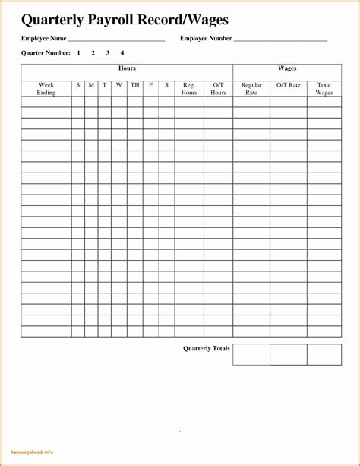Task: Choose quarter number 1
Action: click(x=78, y=53)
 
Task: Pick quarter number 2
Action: click(x=93, y=53)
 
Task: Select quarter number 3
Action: click(x=108, y=53)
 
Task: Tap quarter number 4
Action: click(x=122, y=53)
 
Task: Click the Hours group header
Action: click(x=127, y=69)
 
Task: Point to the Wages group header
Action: click(x=287, y=69)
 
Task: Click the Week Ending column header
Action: click(x=46, y=89)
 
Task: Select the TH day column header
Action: click(x=134, y=85)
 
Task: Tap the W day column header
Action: click(x=119, y=85)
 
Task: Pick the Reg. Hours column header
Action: click(x=189, y=89)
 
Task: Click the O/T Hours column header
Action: click(x=219, y=89)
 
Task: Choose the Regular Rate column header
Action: click(x=251, y=89)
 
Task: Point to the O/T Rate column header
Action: click(x=289, y=85)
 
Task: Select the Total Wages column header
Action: click(x=324, y=89)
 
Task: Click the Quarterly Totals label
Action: click(x=206, y=349)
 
